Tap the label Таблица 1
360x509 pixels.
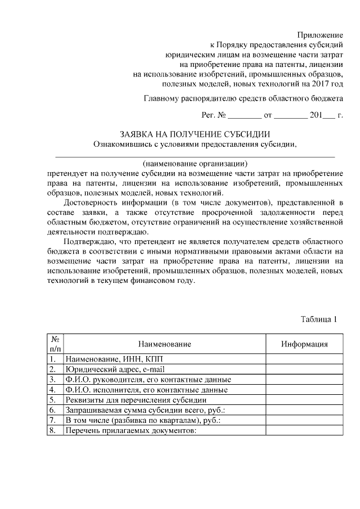click(x=318, y=319)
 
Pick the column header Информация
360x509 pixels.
click(x=304, y=344)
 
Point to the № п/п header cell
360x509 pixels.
click(x=55, y=344)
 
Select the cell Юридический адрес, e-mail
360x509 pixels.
click(x=111, y=369)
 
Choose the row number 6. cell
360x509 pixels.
click(x=52, y=410)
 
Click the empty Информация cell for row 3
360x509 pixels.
click(x=304, y=379)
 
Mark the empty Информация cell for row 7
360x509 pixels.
click(x=304, y=420)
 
